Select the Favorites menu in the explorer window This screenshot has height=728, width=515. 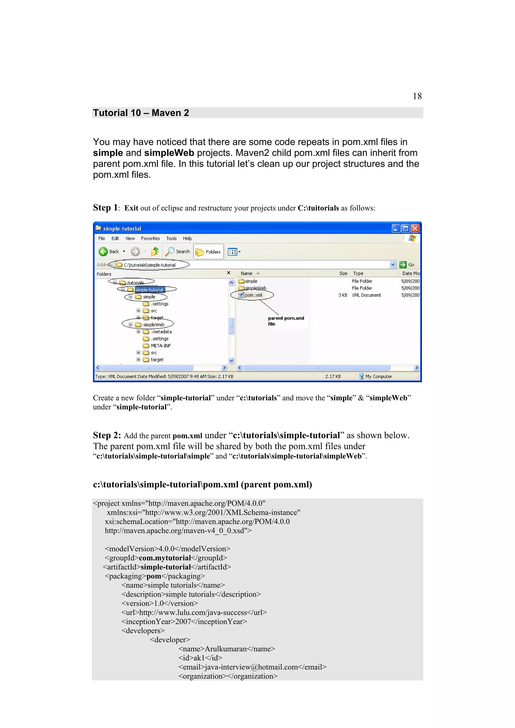pyautogui.click(x=150, y=238)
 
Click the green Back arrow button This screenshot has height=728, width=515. pyautogui.click(x=103, y=251)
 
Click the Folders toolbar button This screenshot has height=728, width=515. pyautogui.click(x=208, y=252)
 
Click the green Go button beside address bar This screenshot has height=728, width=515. pyautogui.click(x=407, y=265)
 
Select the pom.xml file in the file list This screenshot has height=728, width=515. pyautogui.click(x=253, y=295)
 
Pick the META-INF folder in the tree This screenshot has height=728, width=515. pyautogui.click(x=161, y=346)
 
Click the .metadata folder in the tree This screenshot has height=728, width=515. pyautogui.click(x=161, y=332)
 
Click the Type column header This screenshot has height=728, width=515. pyautogui.click(x=358, y=273)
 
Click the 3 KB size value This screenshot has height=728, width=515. pyautogui.click(x=343, y=295)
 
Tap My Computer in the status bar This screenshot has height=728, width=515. pyautogui.click(x=378, y=376)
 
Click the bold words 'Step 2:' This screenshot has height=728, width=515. pyautogui.click(x=107, y=435)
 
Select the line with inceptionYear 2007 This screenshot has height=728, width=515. pyautogui.click(x=184, y=621)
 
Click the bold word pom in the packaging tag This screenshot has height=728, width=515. pyautogui.click(x=154, y=576)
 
